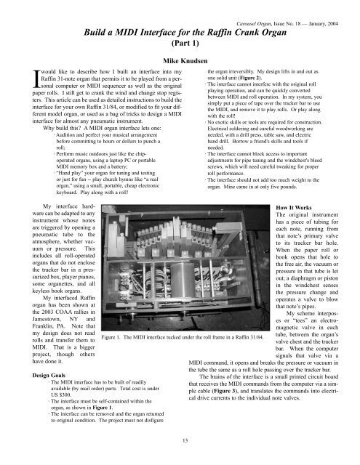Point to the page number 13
point(180,440)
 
